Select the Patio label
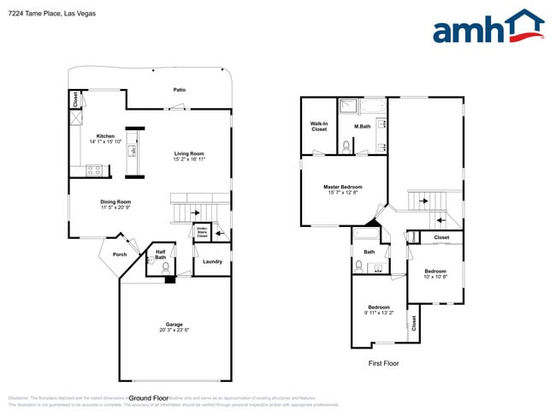point(180,90)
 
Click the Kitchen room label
point(105,136)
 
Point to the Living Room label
point(188,153)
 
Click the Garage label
point(174,325)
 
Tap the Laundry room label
point(212,261)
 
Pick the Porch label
point(120,254)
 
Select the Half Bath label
point(161,254)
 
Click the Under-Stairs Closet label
point(203,231)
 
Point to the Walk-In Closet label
point(319,127)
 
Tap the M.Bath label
point(362,128)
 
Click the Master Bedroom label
point(342,187)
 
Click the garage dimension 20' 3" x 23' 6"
point(174,331)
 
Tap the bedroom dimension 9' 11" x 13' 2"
point(379,313)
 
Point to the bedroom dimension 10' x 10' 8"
point(436,277)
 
